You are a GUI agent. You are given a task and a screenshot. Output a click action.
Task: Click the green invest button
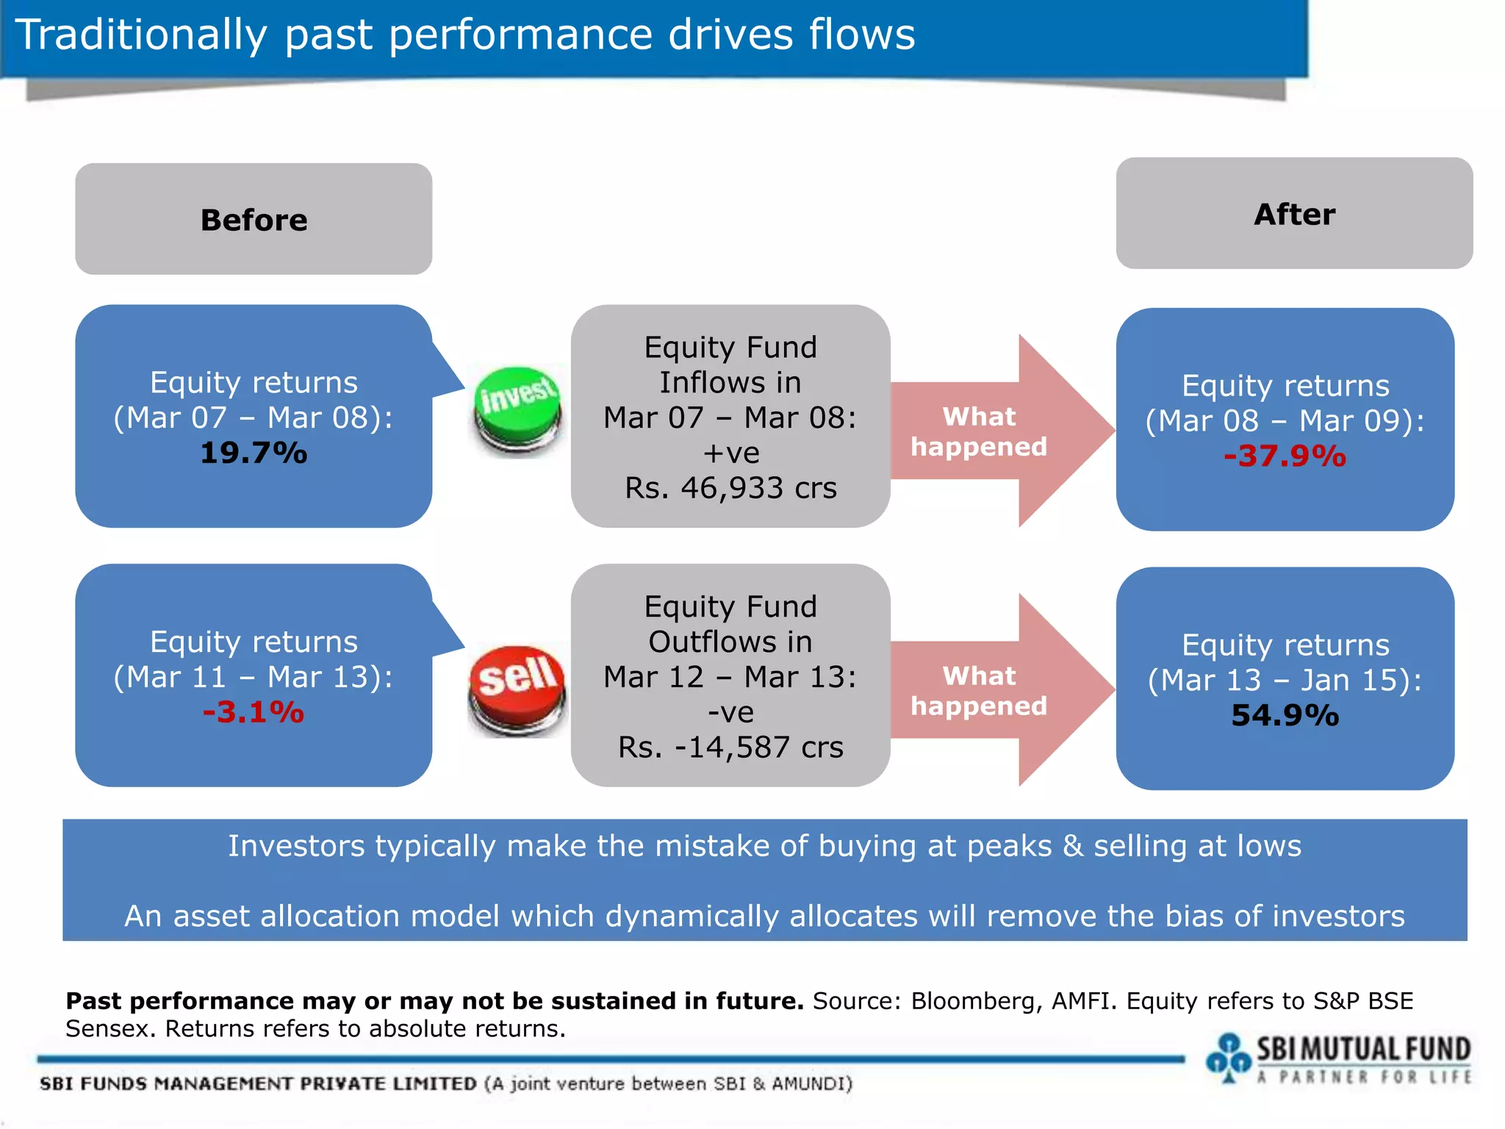518,408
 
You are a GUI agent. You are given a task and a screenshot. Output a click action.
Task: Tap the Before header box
254,220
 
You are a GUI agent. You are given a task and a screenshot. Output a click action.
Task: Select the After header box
1294,214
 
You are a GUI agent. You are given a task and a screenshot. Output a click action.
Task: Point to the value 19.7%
254,453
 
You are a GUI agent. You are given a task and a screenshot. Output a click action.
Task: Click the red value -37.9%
1285,456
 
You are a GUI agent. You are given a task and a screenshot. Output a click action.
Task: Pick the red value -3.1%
254,712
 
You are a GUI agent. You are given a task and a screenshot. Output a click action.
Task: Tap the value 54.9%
1285,715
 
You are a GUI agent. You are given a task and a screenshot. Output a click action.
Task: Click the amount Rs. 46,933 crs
730,488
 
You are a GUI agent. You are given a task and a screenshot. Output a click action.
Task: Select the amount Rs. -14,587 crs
730,748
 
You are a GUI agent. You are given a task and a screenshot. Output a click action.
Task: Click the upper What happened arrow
992,431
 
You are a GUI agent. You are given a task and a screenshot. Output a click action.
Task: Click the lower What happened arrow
992,691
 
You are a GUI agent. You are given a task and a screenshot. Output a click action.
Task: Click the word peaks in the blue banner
1009,846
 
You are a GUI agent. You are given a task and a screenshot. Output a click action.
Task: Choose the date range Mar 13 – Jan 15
1285,680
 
